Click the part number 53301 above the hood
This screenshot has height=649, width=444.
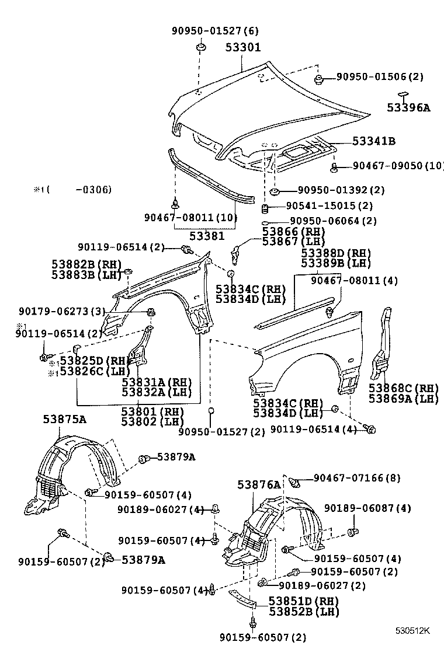click(x=243, y=47)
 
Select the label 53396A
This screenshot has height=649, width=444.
click(x=408, y=107)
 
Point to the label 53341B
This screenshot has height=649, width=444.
click(x=374, y=141)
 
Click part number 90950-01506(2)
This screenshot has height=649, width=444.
click(x=379, y=76)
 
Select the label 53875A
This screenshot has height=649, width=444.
click(x=64, y=418)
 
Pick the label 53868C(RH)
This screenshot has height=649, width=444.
click(x=403, y=388)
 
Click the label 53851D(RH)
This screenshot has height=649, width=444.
click(x=303, y=601)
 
